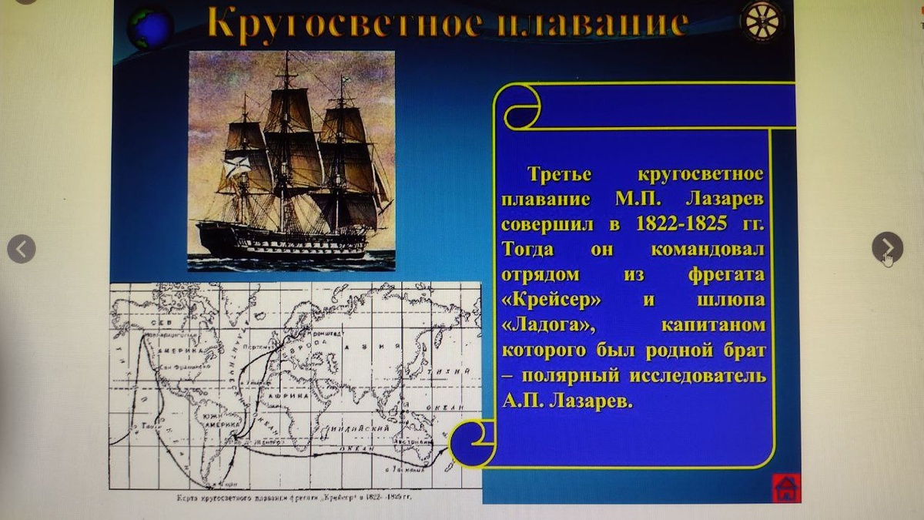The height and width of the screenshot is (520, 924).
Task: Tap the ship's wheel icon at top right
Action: coord(762,21)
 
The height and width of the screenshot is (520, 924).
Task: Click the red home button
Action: coord(786,488)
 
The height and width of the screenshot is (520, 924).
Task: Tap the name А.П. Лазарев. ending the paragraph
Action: coord(567,401)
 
